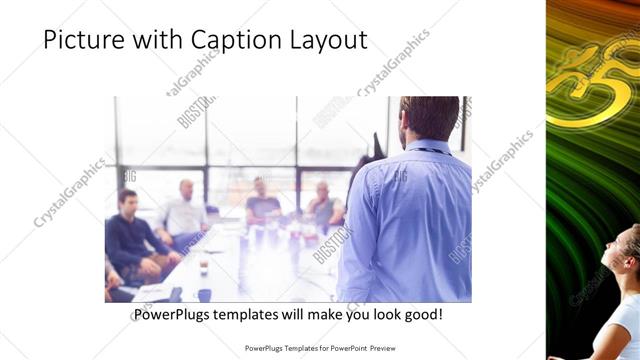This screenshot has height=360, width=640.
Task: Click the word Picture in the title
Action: [x=78, y=40]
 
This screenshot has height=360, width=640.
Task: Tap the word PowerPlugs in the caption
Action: [x=173, y=315]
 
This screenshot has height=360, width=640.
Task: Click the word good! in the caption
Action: [x=421, y=315]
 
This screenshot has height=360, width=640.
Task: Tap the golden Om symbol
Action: [x=590, y=75]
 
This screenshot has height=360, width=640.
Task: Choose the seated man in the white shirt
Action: [x=184, y=211]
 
